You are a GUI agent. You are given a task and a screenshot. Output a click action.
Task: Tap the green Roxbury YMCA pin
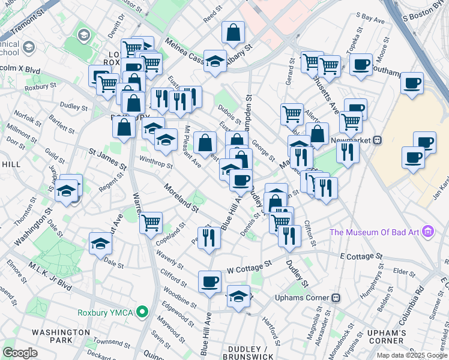coord(142,312)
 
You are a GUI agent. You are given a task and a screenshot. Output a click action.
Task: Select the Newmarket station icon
coord(378,140)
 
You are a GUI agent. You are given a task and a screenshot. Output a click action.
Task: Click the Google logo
coord(20,352)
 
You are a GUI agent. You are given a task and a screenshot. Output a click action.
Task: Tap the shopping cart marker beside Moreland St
coord(151,223)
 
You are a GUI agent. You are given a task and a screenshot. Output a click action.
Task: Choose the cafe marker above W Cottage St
coord(210,281)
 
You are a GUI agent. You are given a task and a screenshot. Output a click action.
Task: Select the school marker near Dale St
coord(101,243)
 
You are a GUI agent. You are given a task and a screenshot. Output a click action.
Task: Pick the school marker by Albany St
coord(214,60)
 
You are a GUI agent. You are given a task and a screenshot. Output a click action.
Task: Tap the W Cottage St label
coord(249,267)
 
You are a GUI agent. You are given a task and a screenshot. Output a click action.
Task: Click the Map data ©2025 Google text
coord(411,355)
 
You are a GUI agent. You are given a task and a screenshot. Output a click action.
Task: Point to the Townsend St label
coord(111,342)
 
